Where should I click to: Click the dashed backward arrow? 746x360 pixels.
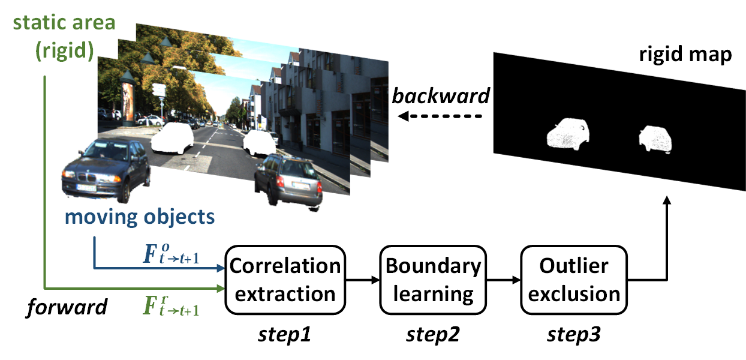point(440,115)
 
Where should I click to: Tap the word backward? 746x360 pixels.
point(441,95)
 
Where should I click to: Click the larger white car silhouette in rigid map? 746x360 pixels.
point(567,134)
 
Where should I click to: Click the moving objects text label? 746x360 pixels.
point(139,217)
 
